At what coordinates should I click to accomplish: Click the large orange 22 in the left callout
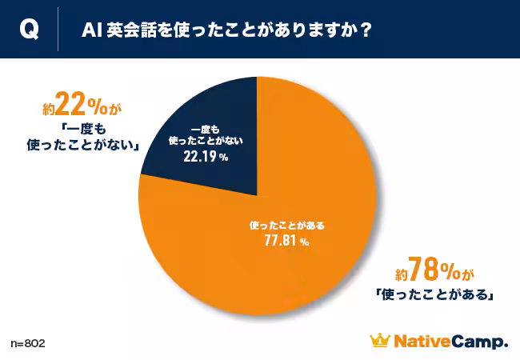70,107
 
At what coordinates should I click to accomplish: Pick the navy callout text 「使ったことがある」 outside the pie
433,294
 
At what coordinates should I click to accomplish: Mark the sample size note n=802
28,343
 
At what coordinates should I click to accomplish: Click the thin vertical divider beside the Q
58,30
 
